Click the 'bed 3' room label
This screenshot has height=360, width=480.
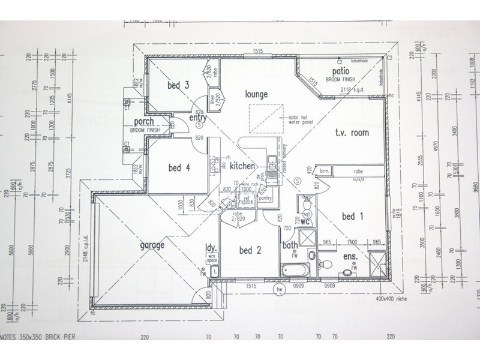179,86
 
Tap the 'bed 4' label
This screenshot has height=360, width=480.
179,167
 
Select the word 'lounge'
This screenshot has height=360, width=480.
256,95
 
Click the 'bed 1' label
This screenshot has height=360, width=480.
353,217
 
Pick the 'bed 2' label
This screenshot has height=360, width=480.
250,250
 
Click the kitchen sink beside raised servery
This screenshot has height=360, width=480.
272,162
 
